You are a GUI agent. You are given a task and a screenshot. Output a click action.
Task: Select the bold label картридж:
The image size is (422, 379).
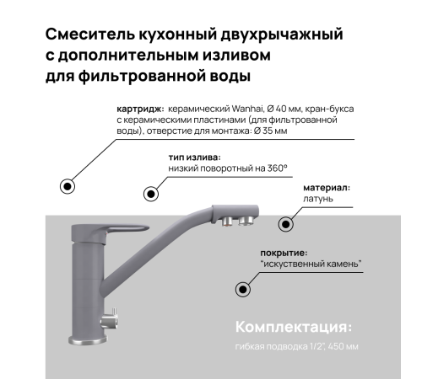tap(140, 109)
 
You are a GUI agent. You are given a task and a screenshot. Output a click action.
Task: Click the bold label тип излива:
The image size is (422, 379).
tap(195, 157)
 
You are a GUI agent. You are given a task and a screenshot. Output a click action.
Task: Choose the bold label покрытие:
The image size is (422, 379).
tap(284, 252)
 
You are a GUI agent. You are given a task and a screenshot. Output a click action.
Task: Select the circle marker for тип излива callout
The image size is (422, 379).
tap(151, 194)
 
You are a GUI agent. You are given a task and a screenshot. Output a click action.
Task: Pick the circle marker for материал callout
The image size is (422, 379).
tap(286, 224)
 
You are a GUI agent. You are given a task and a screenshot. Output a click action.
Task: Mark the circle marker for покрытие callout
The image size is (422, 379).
tap(243, 289)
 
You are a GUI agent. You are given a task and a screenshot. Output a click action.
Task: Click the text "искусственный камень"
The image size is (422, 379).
tap(311, 264)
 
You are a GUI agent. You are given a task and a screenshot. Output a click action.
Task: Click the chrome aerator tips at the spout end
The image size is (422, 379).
tap(239, 222)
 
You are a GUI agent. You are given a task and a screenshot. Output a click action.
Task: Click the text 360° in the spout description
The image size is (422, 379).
tap(276, 168)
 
